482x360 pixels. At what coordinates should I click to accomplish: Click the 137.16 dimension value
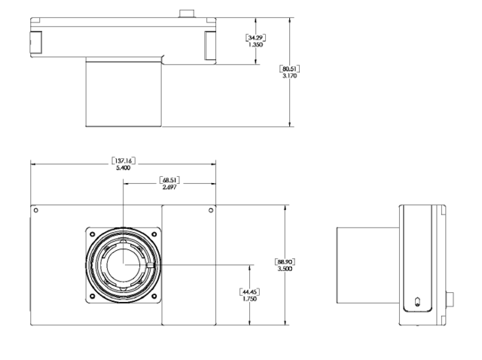[124, 160]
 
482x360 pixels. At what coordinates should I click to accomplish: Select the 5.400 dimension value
[124, 168]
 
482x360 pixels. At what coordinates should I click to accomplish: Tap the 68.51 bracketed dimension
[169, 180]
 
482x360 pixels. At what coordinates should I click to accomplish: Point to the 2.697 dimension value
[169, 187]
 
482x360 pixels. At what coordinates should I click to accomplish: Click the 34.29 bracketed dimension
[255, 38]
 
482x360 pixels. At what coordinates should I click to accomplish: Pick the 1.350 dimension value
[255, 44]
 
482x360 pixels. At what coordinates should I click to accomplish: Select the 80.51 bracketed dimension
[289, 69]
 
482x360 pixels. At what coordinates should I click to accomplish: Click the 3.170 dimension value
[289, 75]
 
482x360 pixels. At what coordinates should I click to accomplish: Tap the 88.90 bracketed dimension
[285, 261]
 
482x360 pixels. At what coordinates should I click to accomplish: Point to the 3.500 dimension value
[285, 269]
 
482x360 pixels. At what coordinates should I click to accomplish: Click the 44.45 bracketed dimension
[249, 291]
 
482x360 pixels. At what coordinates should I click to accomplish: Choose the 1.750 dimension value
[249, 298]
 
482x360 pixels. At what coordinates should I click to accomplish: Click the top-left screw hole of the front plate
[36, 210]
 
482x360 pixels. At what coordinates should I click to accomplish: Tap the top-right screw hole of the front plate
[211, 210]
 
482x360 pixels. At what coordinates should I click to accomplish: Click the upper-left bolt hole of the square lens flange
[92, 234]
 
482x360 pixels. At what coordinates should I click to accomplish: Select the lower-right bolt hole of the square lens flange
[154, 297]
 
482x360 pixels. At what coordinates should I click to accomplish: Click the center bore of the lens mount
[124, 265]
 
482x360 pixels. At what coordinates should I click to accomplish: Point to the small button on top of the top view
[187, 14]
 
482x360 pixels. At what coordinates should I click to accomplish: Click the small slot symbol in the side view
[417, 301]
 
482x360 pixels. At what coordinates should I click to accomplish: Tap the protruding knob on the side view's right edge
[450, 300]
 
